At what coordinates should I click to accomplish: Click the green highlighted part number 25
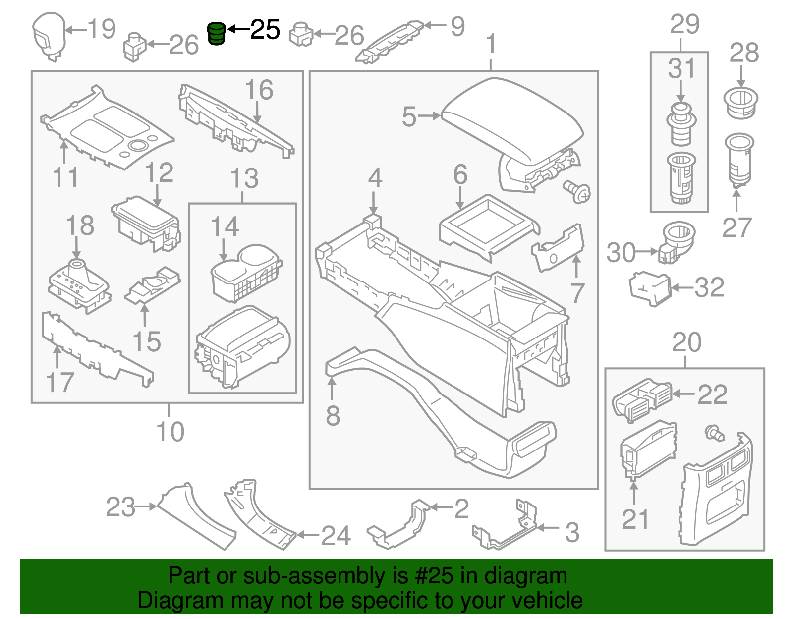pyautogui.click(x=216, y=34)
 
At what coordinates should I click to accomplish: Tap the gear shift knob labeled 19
pyautogui.click(x=49, y=35)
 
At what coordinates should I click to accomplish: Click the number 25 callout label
pyautogui.click(x=265, y=30)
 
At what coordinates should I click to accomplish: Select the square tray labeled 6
pyautogui.click(x=488, y=225)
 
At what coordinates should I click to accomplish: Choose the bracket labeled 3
pyautogui.click(x=506, y=530)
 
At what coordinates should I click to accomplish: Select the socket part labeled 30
pyautogui.click(x=677, y=240)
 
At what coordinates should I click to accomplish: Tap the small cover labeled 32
pyautogui.click(x=649, y=287)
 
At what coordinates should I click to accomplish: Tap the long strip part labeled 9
pyautogui.click(x=392, y=42)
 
